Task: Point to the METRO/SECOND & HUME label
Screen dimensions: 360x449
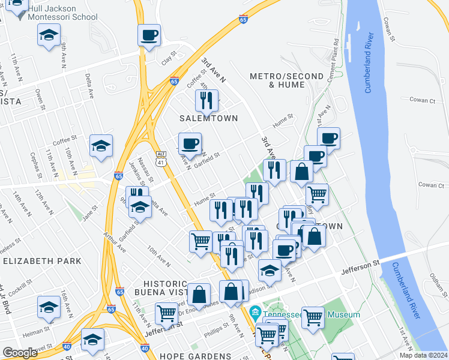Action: click(x=279, y=80)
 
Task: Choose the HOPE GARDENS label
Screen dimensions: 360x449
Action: click(x=196, y=356)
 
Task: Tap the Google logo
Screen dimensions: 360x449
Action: click(x=20, y=353)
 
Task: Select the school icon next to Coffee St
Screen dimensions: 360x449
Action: click(x=101, y=145)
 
